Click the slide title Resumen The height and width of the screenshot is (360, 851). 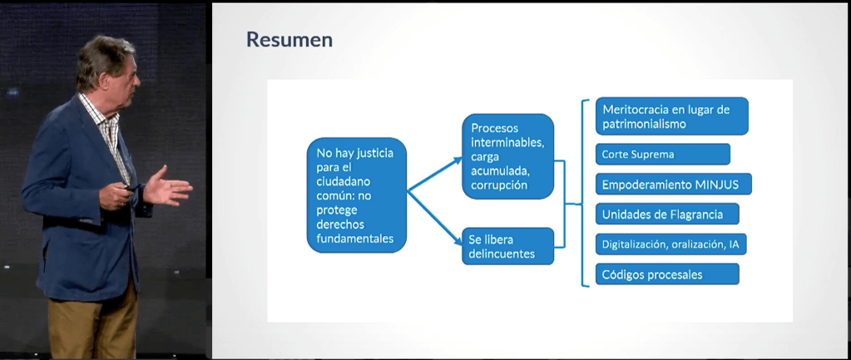[289, 39]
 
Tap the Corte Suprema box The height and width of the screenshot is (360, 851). [663, 154]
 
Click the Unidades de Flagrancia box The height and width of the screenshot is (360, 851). [667, 214]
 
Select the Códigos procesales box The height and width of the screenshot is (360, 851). [667, 274]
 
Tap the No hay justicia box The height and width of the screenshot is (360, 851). [357, 195]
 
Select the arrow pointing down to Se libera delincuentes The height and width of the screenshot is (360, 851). [434, 219]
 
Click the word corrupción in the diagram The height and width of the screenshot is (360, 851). [499, 185]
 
